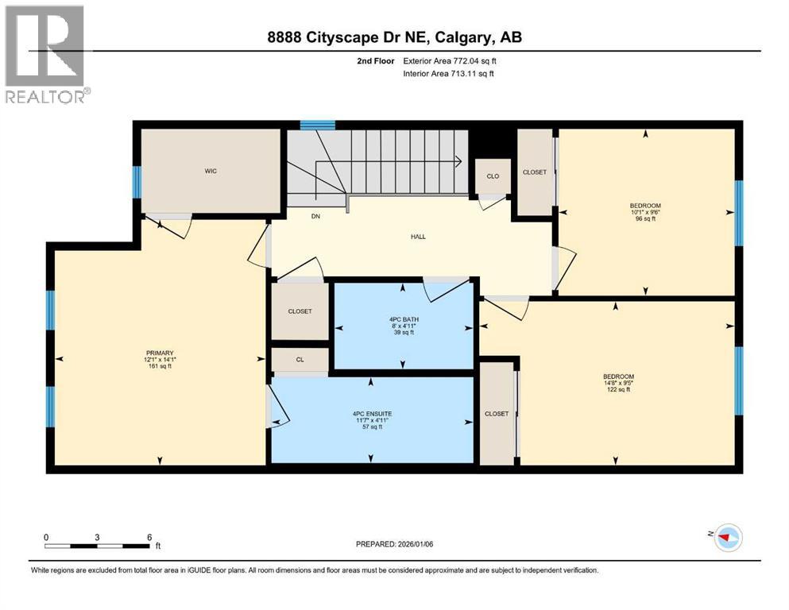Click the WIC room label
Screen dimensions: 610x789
click(211, 169)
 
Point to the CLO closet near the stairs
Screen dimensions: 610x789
click(493, 176)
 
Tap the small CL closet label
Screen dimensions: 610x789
click(300, 360)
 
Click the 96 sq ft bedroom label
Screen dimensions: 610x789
click(644, 212)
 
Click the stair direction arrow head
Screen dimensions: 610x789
click(459, 161)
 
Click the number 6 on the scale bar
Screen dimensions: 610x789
click(149, 537)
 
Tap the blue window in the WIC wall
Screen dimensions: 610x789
click(137, 182)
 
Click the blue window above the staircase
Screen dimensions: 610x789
click(318, 125)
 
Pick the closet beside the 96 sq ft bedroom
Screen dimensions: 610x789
click(534, 172)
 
